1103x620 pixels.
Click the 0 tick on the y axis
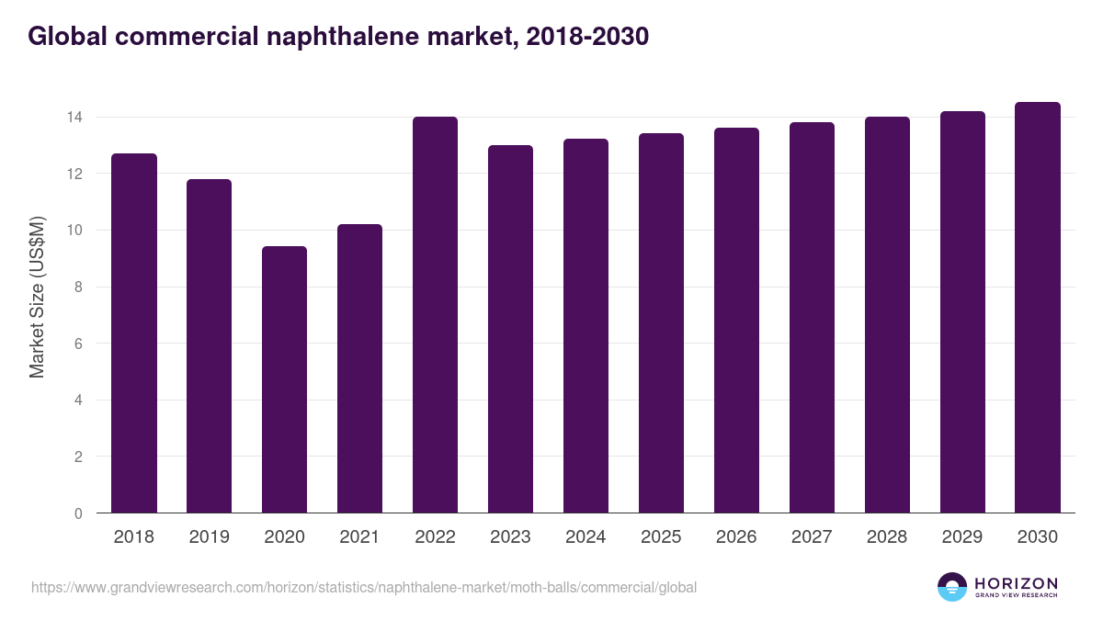pyautogui.click(x=78, y=513)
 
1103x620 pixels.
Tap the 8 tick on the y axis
pyautogui.click(x=78, y=287)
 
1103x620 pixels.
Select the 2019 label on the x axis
pyautogui.click(x=209, y=537)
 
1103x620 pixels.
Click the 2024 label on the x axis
pyautogui.click(x=586, y=537)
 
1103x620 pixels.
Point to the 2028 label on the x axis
pyautogui.click(x=887, y=537)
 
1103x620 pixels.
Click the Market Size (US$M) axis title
pyautogui.click(x=37, y=297)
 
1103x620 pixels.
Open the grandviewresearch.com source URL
pyautogui.click(x=364, y=587)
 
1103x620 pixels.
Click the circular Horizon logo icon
pyautogui.click(x=952, y=587)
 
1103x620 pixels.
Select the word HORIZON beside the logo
pyautogui.click(x=1016, y=583)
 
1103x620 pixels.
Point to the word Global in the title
pyautogui.click(x=63, y=36)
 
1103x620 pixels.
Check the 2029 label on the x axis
pyautogui.click(x=962, y=537)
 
